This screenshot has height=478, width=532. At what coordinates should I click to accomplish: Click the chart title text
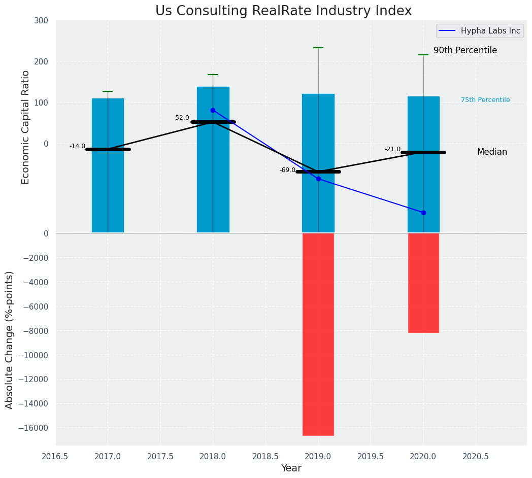click(x=283, y=11)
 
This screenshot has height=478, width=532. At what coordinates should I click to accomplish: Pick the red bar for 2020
click(x=423, y=283)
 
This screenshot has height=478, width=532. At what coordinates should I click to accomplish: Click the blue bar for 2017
click(x=108, y=165)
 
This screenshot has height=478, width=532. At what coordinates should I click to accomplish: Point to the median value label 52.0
click(x=182, y=118)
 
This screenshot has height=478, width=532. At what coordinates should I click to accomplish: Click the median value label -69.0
click(x=287, y=170)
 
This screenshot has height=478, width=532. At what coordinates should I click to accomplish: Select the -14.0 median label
click(x=78, y=146)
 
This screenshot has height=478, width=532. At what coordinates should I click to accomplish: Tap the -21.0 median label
click(x=392, y=149)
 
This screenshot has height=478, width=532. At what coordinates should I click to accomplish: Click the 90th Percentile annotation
click(x=465, y=51)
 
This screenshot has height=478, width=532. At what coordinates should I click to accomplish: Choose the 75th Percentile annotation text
click(x=485, y=100)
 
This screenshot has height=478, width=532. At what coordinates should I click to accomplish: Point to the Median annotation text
click(x=492, y=152)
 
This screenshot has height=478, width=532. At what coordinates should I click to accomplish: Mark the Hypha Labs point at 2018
click(x=213, y=110)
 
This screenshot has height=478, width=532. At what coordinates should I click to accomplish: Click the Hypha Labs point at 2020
click(x=423, y=213)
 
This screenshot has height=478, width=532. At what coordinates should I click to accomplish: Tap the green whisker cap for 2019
click(x=318, y=48)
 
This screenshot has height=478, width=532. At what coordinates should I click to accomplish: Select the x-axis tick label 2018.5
click(x=265, y=457)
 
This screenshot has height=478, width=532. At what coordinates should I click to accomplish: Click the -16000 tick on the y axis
click(x=34, y=428)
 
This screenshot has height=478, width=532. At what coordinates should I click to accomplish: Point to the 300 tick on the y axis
click(x=42, y=21)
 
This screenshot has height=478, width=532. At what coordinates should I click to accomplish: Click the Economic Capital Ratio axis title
click(x=26, y=127)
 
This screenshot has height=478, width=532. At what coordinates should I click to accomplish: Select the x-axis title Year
click(x=291, y=468)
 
